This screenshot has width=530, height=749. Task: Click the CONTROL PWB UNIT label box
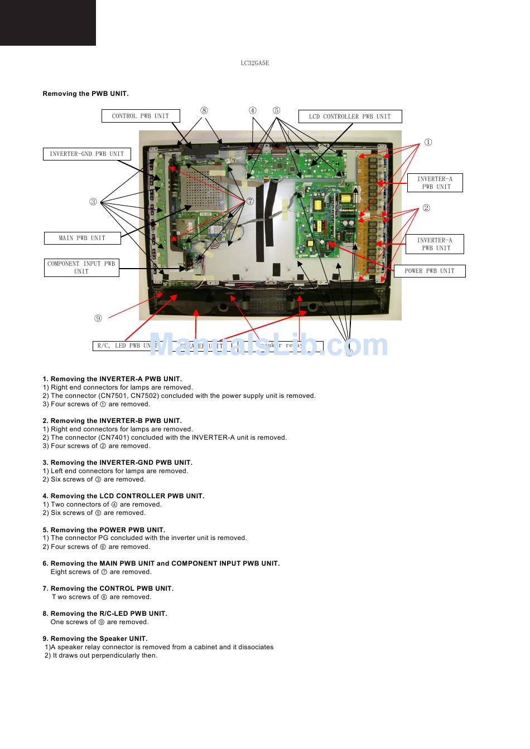pos(141,116)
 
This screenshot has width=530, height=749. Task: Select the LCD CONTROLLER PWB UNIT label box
pos(350,116)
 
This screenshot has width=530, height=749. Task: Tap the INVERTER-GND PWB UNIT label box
pos(86,154)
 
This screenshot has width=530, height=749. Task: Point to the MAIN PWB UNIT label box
pos(82,238)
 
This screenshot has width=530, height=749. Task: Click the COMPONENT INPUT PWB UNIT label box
pos(81,267)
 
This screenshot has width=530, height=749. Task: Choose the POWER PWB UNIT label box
pos(430,271)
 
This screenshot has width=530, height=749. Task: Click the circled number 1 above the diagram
pos(428,142)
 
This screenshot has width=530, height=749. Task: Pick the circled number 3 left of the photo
pos(93,202)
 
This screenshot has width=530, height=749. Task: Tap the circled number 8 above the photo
pos(204,110)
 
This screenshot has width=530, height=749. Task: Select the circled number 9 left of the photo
pos(98,318)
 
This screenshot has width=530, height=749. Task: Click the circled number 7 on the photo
pos(250,201)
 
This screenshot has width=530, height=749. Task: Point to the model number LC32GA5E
pos(255,63)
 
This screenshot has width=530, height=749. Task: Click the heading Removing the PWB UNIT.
pos(85,94)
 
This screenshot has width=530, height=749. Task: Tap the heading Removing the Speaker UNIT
pos(95,639)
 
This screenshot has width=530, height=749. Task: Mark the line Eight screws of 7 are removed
pos(100,572)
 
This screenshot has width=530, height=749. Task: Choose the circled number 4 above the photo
pos(253,110)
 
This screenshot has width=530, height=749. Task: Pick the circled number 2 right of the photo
pos(426,208)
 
